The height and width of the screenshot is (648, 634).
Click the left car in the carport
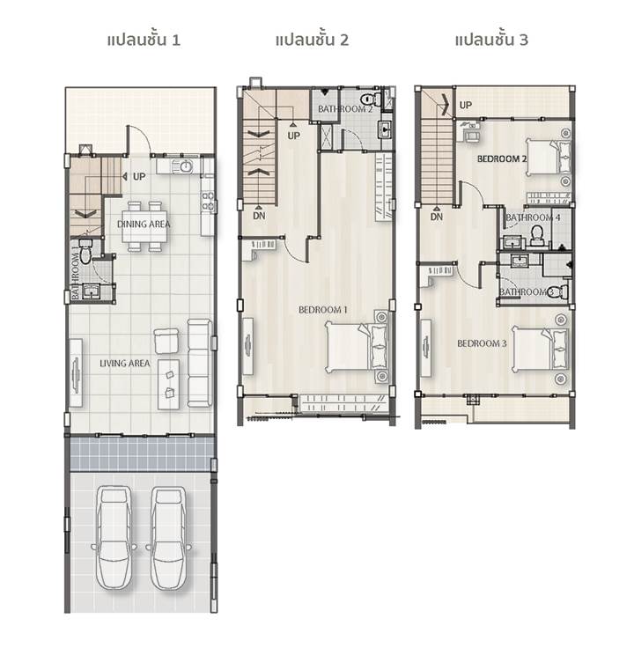tap(114, 538)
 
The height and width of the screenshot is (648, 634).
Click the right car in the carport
tap(168, 538)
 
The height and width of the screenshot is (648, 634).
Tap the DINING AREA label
tap(144, 225)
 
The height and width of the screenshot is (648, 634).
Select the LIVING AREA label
tap(125, 364)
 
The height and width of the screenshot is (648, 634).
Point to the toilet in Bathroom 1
tap(85, 253)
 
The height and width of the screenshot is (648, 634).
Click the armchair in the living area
tap(166, 341)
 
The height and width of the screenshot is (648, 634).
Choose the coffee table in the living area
tap(168, 385)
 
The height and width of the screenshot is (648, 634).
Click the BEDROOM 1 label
tap(323, 310)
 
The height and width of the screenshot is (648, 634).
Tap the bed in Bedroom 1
tap(357, 347)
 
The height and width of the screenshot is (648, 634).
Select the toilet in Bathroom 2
tap(371, 99)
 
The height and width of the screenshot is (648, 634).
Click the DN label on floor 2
tap(259, 216)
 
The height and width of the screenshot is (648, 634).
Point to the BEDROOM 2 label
tap(502, 158)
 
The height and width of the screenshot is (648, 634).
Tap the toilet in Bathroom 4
tap(537, 235)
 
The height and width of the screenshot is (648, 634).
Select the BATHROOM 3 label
tap(526, 292)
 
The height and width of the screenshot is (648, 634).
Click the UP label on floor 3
tap(466, 105)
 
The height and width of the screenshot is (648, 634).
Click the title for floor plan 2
tap(312, 40)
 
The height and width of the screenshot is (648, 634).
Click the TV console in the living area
tap(76, 372)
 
